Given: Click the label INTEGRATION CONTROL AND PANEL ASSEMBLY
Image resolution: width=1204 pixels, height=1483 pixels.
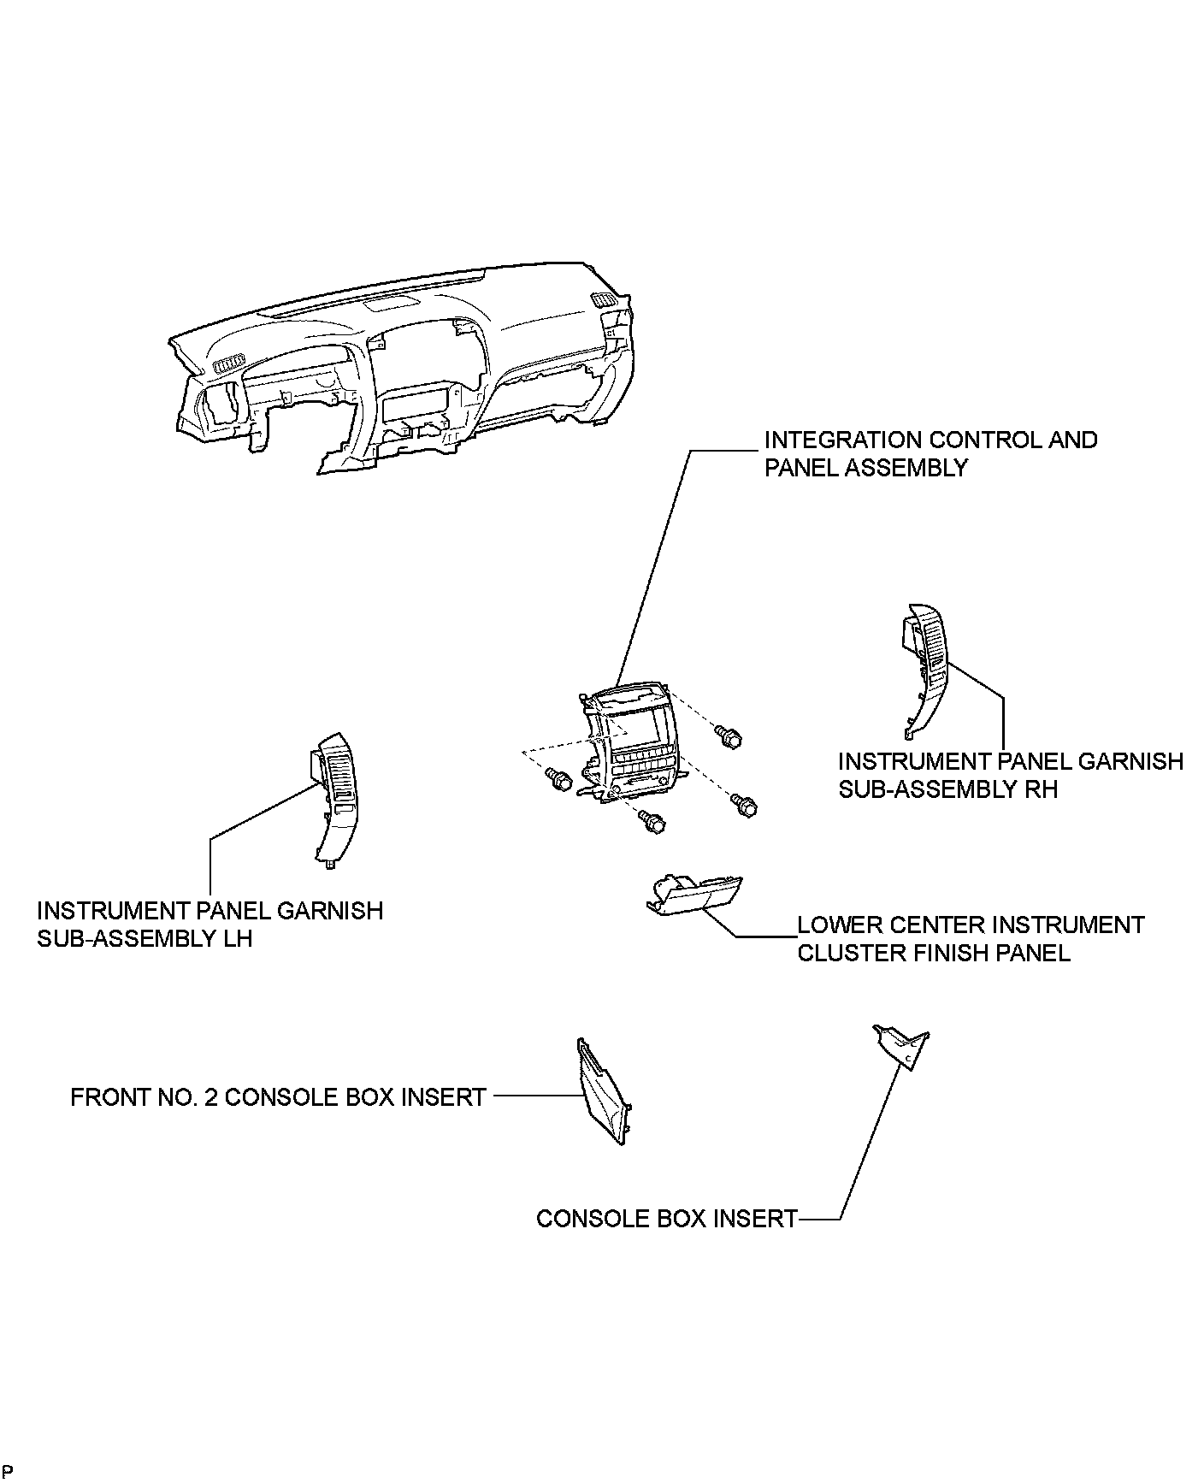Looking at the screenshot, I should point(930,453).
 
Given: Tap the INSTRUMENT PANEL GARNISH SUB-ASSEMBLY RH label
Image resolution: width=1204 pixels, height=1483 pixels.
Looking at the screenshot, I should point(1010,775).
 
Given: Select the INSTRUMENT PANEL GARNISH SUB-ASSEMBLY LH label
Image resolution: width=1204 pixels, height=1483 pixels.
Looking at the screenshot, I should point(210,924).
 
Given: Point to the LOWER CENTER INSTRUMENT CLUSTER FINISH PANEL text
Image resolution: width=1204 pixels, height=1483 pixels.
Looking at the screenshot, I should point(970,938).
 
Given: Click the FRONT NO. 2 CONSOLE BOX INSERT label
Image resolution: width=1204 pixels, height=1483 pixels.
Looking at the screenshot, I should point(278,1097).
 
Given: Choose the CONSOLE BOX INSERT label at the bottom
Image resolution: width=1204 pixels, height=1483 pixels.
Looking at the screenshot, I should point(666,1218).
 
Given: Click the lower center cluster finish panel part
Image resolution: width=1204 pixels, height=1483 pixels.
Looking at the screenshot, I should point(694,895).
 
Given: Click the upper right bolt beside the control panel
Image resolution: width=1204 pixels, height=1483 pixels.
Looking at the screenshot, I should point(729,736).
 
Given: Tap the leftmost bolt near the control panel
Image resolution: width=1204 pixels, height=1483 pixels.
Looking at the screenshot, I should point(559,778).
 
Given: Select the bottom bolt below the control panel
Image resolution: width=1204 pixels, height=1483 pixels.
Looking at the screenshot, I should point(653,823).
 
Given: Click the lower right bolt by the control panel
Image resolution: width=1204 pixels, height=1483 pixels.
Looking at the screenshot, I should point(746,805).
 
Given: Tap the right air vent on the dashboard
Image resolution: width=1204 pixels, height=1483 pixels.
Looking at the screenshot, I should point(602,298).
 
